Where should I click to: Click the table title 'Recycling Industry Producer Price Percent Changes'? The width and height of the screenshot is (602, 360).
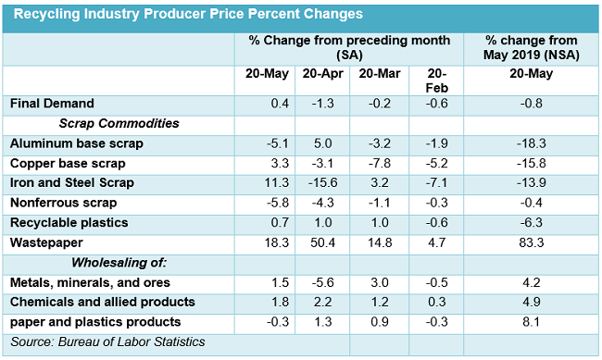188,15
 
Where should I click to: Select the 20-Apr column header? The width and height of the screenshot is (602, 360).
321,74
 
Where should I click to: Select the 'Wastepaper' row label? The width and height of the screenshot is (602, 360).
44,243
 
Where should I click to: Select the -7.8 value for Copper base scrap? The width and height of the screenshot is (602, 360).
378,164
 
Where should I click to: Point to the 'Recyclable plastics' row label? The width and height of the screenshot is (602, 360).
68,223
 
